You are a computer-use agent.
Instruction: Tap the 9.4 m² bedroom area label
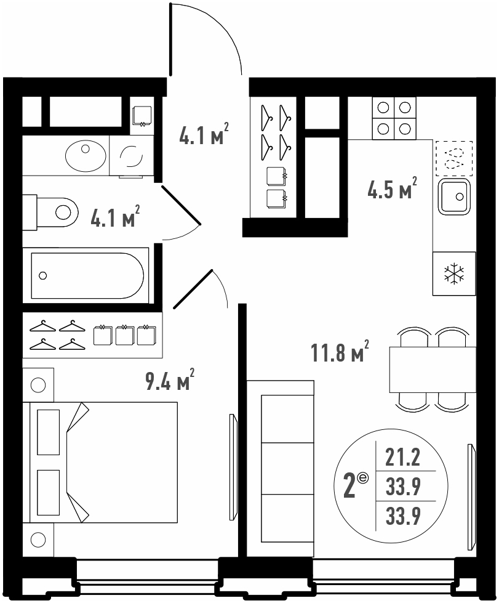[169, 379]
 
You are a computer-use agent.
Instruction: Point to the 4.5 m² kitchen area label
[392, 188]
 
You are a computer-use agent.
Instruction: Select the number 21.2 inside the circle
[403, 458]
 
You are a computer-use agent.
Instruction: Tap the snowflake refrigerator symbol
[454, 274]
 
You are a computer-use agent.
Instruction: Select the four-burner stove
[394, 118]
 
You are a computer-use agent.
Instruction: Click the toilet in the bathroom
[50, 212]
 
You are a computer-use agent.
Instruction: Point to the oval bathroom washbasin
[86, 156]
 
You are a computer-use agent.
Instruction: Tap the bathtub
[86, 275]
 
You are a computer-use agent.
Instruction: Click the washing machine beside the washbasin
[132, 156]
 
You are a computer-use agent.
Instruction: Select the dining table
[433, 370]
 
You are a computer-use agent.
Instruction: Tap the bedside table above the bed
[38, 384]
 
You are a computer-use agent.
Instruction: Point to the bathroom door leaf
[180, 205]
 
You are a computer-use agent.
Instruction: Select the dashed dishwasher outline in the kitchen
[454, 158]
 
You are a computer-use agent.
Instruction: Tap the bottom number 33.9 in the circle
[403, 516]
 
